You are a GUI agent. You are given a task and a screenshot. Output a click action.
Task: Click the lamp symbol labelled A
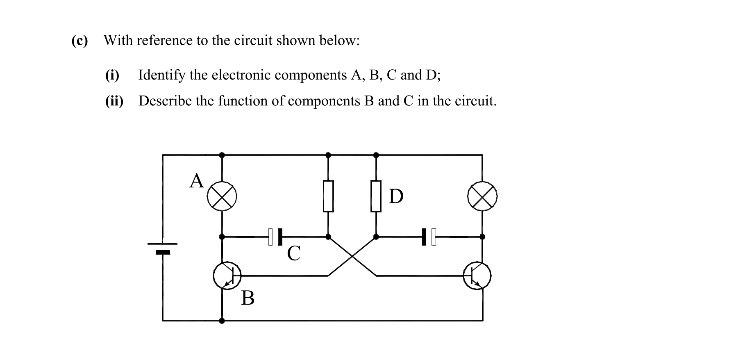pyautogui.click(x=222, y=196)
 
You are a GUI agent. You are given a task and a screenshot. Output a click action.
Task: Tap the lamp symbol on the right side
pyautogui.click(x=482, y=196)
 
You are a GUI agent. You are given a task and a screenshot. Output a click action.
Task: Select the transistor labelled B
pyautogui.click(x=226, y=276)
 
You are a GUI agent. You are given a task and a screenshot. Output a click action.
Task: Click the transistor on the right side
pyautogui.click(x=477, y=276)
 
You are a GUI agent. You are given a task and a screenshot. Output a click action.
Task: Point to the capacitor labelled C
pyautogui.click(x=275, y=237)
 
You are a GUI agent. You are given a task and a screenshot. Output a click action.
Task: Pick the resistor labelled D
pyautogui.click(x=376, y=196)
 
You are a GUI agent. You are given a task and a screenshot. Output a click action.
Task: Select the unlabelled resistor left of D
pyautogui.click(x=328, y=196)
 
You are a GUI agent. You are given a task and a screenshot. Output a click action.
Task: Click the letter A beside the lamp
pyautogui.click(x=196, y=181)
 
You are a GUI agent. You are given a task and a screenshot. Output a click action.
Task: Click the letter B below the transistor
pyautogui.click(x=248, y=298)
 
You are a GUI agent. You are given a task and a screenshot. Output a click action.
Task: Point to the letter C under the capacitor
pyautogui.click(x=294, y=253)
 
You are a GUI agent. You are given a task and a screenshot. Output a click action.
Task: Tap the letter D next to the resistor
pyautogui.click(x=395, y=196)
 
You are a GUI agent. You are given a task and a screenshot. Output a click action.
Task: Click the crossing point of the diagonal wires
pyautogui.click(x=352, y=256)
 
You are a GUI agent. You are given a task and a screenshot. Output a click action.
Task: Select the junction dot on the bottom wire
pyautogui.click(x=222, y=321)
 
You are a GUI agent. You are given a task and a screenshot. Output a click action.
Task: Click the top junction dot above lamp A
pyautogui.click(x=222, y=155)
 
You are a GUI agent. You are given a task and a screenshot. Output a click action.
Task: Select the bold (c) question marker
pyautogui.click(x=79, y=41)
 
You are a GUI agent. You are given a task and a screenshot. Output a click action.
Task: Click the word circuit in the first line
pyautogui.click(x=253, y=41)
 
